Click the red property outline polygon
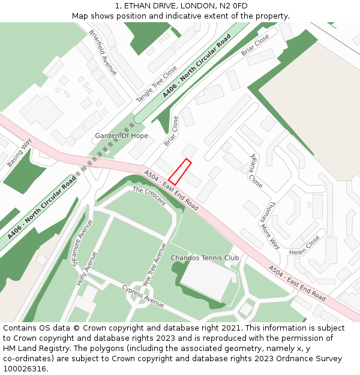(180, 172)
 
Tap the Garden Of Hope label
(121, 136)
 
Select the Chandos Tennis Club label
(205, 258)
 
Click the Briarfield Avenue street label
(103, 52)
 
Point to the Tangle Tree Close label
(156, 84)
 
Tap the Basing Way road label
(20, 153)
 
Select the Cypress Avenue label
(143, 296)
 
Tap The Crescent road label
(149, 196)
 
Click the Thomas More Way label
(269, 224)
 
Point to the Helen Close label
(304, 245)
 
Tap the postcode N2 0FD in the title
(233, 6)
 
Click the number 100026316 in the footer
(25, 368)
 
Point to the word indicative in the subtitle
(185, 16)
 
